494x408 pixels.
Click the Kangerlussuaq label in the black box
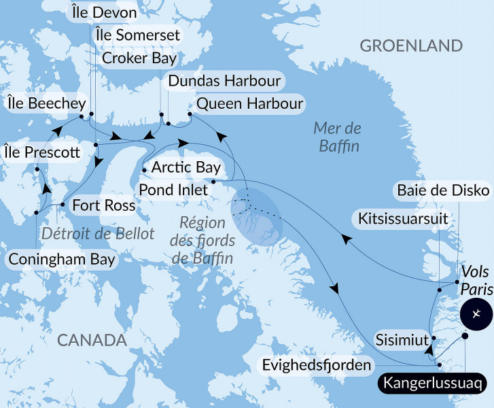[x=434, y=383]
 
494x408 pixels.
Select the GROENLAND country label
[x=411, y=46]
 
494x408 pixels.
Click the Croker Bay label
[x=139, y=58]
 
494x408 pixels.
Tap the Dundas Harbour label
[x=224, y=82]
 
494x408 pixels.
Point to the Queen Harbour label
[x=249, y=104]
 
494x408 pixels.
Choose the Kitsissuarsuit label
[x=405, y=218]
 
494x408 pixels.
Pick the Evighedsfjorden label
[x=317, y=365]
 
